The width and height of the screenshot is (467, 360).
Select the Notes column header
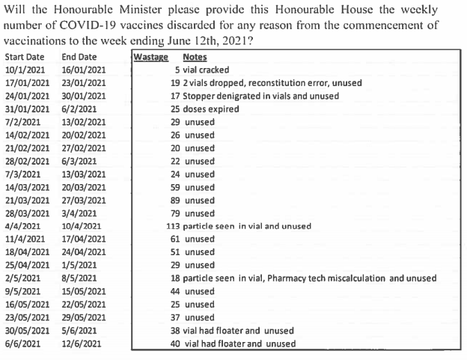coord(195,57)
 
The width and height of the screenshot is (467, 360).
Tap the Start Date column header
coord(24,57)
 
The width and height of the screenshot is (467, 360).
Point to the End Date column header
coord(79,57)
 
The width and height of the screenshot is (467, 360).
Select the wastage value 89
coord(176,200)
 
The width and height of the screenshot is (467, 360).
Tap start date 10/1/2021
coord(23,70)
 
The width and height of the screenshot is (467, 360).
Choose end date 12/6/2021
coord(81,344)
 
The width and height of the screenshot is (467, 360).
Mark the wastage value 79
coord(176,213)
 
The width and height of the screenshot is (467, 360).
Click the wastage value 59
coord(176,187)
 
